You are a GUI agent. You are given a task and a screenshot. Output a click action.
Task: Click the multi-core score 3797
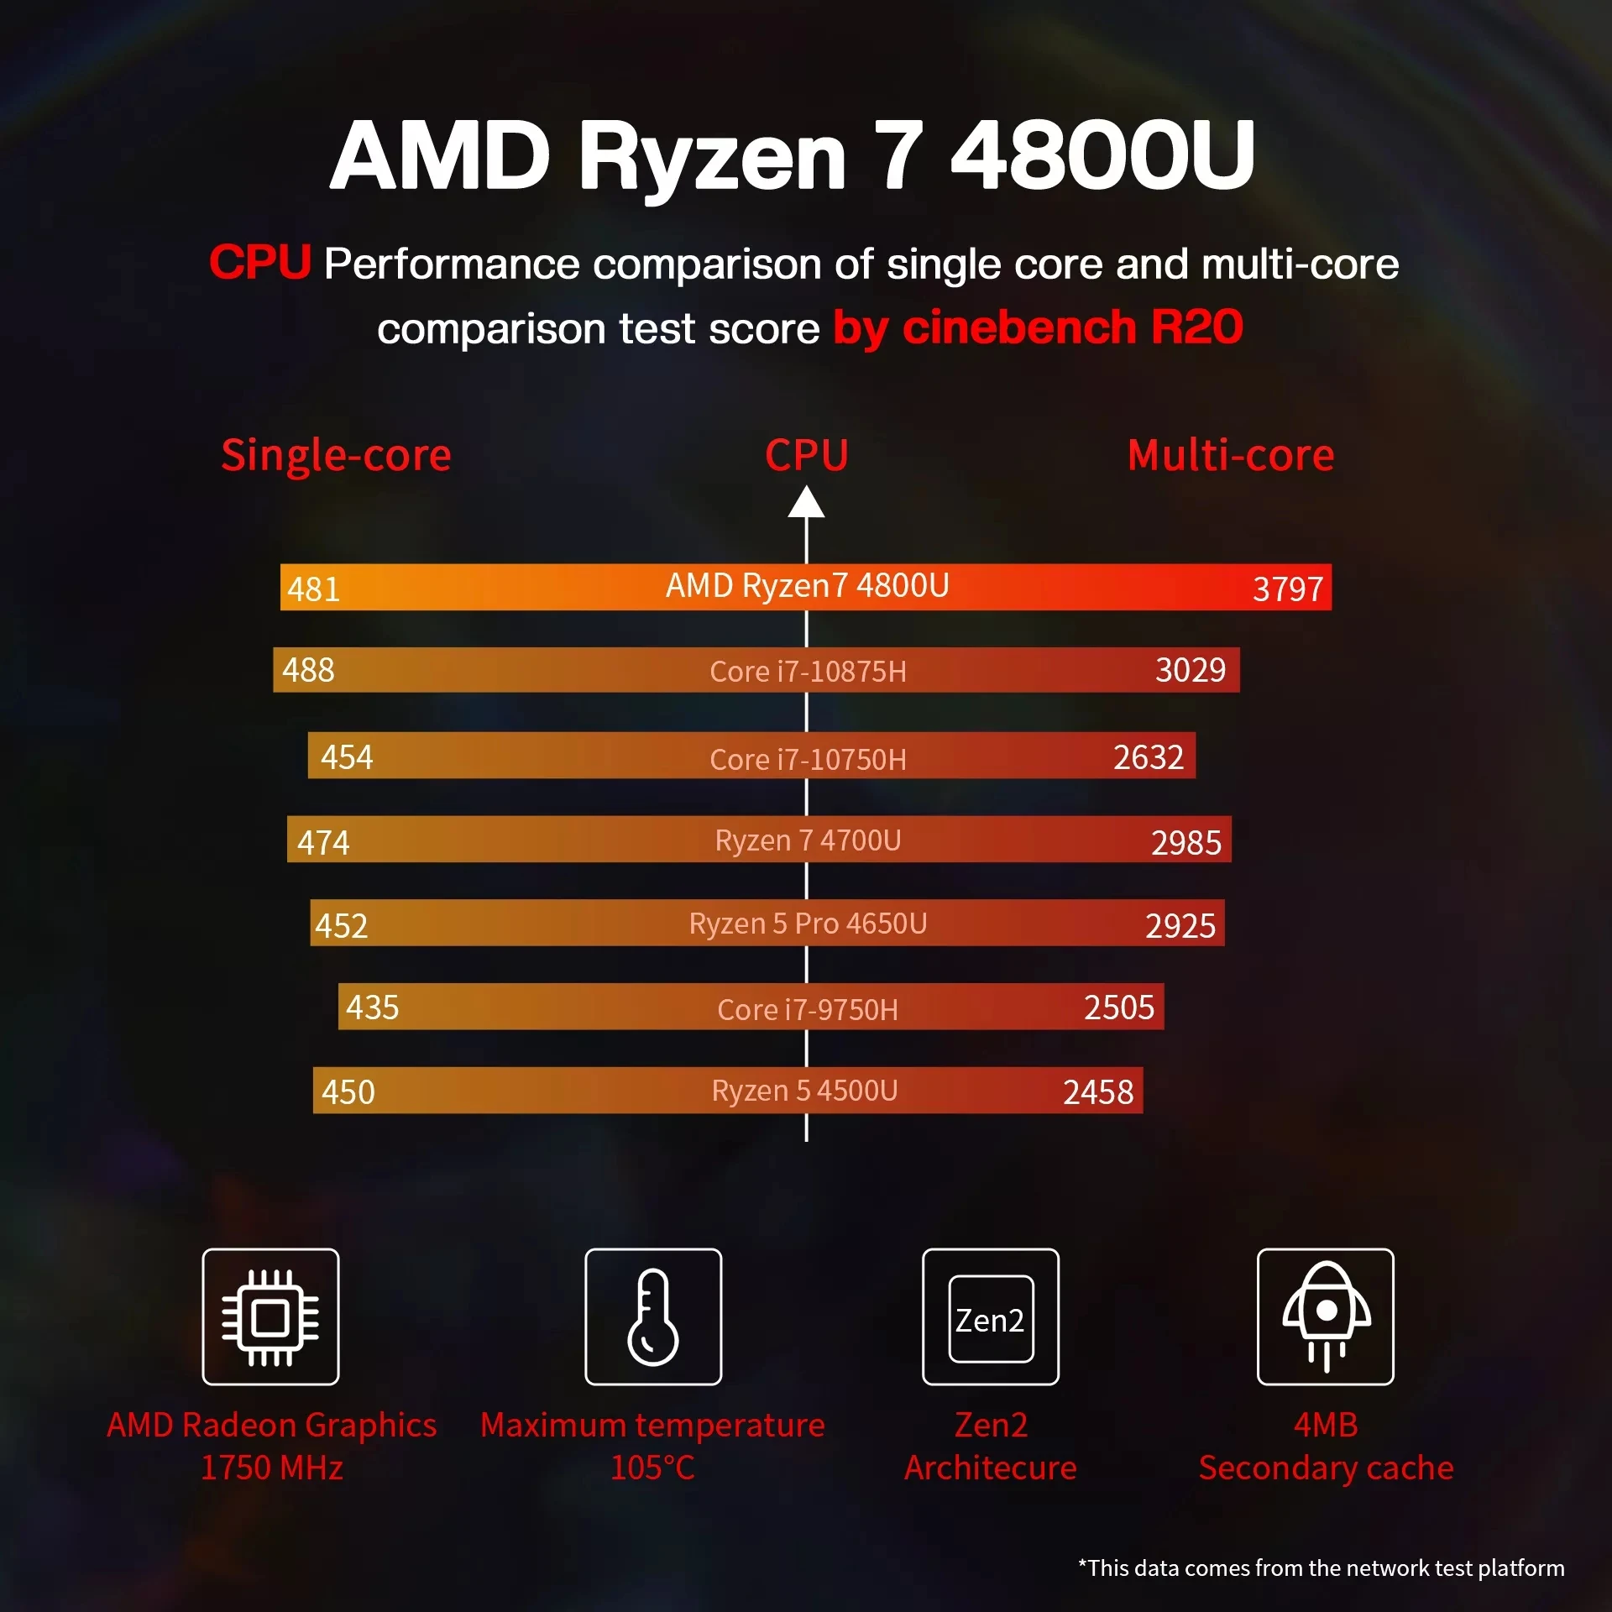[1287, 589]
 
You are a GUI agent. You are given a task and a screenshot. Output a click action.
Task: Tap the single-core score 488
[308, 670]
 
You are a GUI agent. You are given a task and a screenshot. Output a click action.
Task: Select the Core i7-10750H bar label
[808, 760]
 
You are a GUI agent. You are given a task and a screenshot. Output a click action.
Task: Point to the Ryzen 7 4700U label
[808, 840]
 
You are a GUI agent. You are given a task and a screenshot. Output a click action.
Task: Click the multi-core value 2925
[1180, 926]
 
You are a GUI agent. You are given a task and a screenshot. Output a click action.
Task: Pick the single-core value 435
[372, 1007]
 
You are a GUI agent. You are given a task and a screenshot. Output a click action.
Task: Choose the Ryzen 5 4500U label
[804, 1091]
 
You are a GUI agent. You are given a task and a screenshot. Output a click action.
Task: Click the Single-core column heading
[336, 456]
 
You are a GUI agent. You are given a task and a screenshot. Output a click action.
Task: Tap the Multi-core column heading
[1230, 456]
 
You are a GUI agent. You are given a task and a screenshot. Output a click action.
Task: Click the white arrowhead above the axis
[806, 504]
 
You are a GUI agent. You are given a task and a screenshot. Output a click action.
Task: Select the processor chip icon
[270, 1316]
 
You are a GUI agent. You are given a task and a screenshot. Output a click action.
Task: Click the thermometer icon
[653, 1316]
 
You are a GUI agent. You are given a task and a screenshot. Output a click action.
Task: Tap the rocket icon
[1326, 1316]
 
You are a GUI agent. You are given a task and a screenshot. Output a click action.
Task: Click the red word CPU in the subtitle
[260, 263]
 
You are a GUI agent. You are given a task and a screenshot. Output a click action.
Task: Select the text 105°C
[652, 1468]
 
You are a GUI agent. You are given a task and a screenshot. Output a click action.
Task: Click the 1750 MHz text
[271, 1468]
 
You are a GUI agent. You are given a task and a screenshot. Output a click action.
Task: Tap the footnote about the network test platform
[1321, 1568]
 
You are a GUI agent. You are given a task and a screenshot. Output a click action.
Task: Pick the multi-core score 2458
[1097, 1092]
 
